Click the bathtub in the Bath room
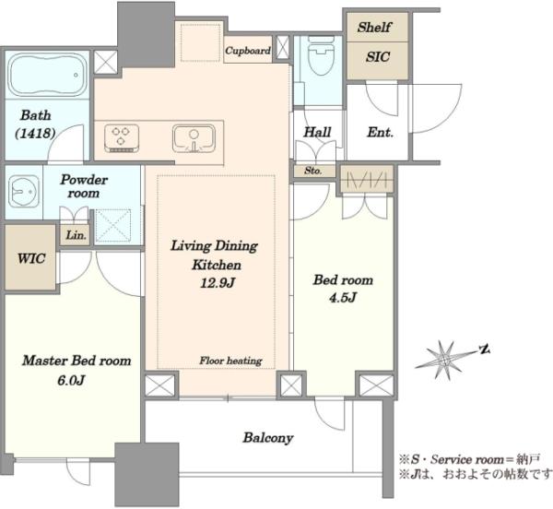pos(48,75)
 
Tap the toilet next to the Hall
pos(321,56)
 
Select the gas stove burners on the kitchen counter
pos(122,138)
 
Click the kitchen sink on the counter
pos(194,138)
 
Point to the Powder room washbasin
pos(24,191)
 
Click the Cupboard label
pos(248,51)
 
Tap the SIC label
pos(378,57)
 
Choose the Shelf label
pos(374,27)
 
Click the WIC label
pos(31,258)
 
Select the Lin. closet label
pos(76,235)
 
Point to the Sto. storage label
pos(313,171)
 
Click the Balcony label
pos(268,438)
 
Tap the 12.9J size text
pos(218,282)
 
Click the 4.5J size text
pos(343,298)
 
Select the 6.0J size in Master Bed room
pos(71,380)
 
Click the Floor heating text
pos(230,361)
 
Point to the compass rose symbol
pos(445,360)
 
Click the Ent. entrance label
pos(380,133)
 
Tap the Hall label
pos(317,132)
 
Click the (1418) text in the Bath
pos(35,134)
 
